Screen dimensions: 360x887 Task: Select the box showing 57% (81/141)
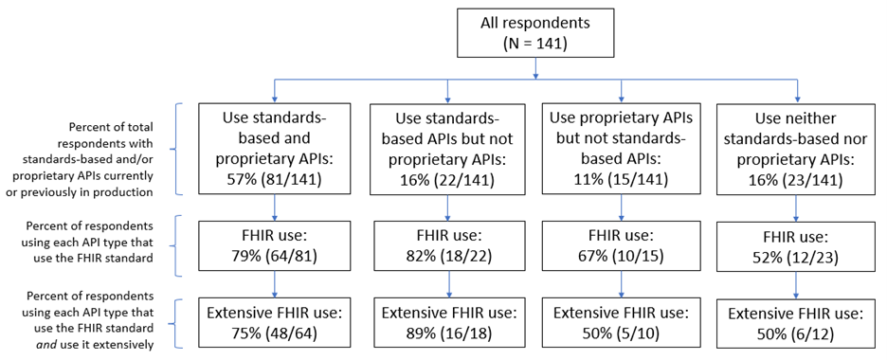tap(275, 151)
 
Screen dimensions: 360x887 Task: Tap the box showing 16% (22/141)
tap(448, 151)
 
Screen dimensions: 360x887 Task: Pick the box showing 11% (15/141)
tap(622, 151)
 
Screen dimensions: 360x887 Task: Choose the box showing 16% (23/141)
tap(797, 151)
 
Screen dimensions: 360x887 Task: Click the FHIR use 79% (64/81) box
tap(275, 245)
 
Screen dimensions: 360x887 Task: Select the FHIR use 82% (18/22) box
tap(448, 245)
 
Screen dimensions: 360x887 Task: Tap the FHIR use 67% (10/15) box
tap(622, 245)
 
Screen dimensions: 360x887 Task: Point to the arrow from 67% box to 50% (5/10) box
tap(622, 286)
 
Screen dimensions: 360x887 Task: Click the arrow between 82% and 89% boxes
tap(448, 286)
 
